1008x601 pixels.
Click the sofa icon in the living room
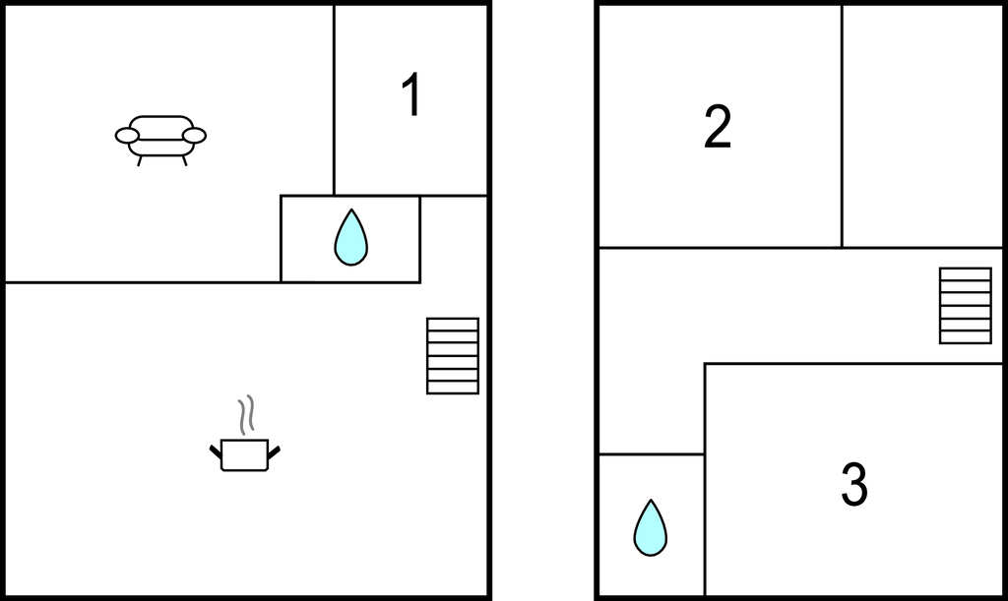(160, 138)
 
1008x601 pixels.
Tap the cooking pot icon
(244, 454)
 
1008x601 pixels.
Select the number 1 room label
(411, 96)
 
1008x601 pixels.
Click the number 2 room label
(718, 128)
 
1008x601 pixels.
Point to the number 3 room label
(853, 485)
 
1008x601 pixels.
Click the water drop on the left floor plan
(350, 238)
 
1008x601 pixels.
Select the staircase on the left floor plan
(453, 355)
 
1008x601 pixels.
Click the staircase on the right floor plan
(966, 305)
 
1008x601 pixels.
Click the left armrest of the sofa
(127, 136)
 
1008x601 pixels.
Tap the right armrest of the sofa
(195, 135)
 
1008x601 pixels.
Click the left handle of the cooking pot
(216, 451)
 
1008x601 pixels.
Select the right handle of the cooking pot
(275, 451)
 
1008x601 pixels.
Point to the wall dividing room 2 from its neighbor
(842, 126)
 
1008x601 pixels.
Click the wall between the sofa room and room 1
(334, 98)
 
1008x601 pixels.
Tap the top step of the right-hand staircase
(966, 273)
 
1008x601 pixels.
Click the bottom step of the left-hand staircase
(453, 387)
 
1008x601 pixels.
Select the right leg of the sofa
(184, 160)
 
